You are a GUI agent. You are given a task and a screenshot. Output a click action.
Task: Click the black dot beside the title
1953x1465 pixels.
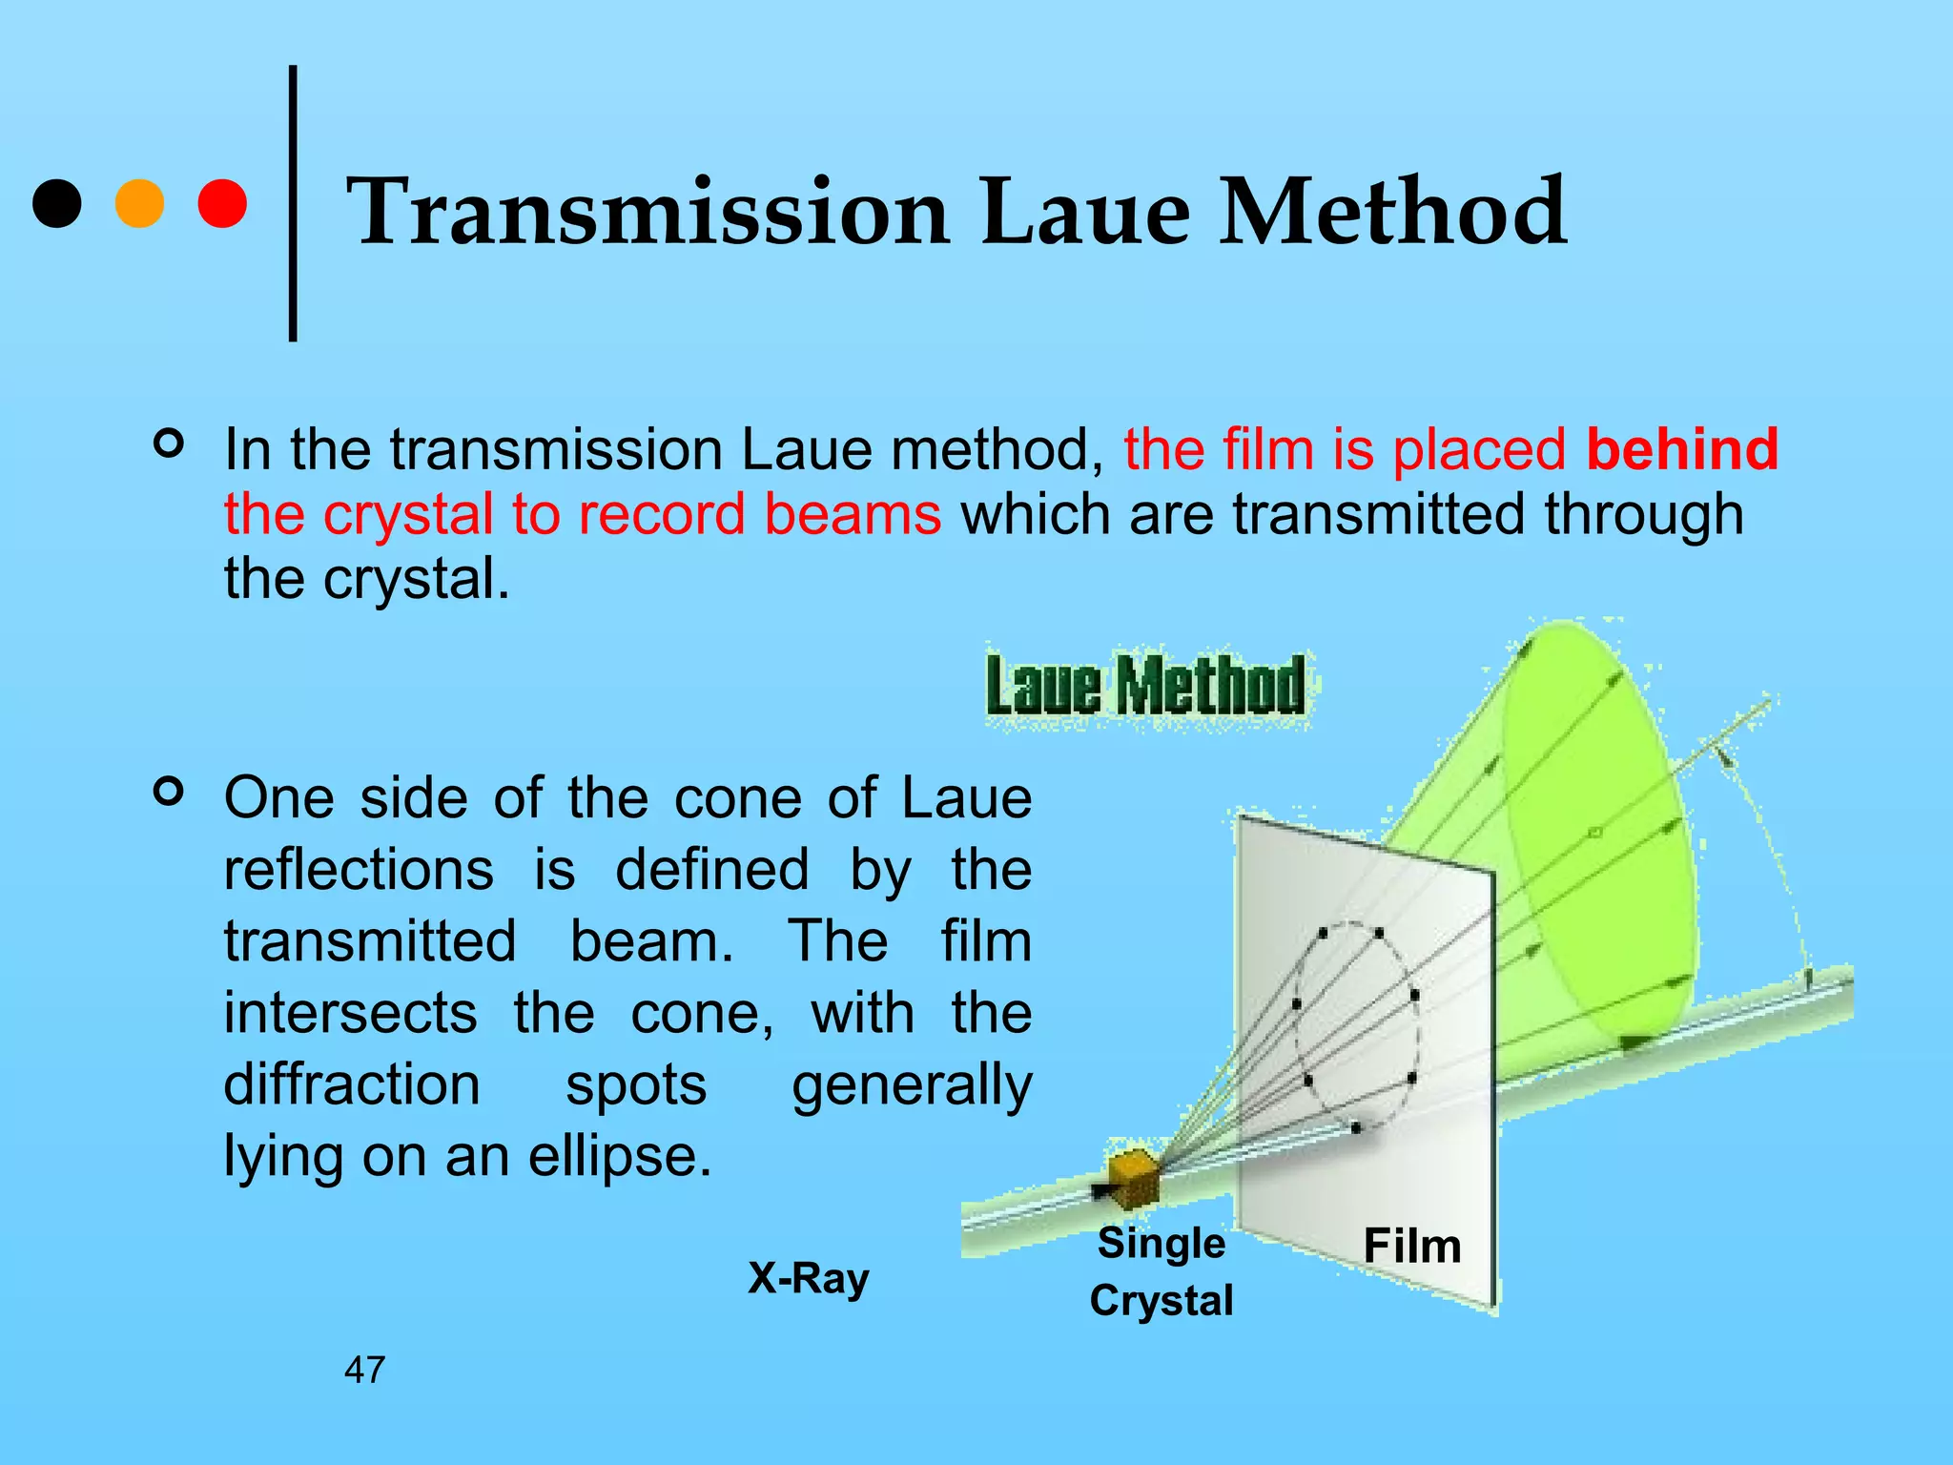(x=56, y=204)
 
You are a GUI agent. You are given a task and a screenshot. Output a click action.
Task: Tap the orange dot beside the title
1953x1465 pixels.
(x=139, y=204)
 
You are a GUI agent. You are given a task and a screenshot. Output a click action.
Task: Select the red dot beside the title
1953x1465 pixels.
(x=222, y=204)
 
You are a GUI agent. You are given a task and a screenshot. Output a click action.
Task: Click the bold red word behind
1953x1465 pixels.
(x=1682, y=449)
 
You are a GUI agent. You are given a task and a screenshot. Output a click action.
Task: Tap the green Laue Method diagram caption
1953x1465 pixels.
(x=1145, y=686)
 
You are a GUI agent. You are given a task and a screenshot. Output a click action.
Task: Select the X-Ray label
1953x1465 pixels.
(x=808, y=1279)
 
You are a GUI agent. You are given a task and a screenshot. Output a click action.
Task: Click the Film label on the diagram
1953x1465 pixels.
(x=1411, y=1246)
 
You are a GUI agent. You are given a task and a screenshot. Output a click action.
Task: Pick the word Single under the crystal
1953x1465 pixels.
(x=1161, y=1244)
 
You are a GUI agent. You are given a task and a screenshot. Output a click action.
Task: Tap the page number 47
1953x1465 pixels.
(x=364, y=1371)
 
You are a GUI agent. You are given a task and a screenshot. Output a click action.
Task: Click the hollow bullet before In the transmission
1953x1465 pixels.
(x=169, y=444)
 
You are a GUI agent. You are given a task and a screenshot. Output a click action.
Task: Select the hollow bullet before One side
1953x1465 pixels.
(x=169, y=792)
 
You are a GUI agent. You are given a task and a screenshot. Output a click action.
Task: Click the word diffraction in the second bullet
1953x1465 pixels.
(x=352, y=1085)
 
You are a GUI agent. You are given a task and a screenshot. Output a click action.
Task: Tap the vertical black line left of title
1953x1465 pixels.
(x=293, y=203)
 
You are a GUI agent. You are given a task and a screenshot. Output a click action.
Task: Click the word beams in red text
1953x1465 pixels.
(x=853, y=515)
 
